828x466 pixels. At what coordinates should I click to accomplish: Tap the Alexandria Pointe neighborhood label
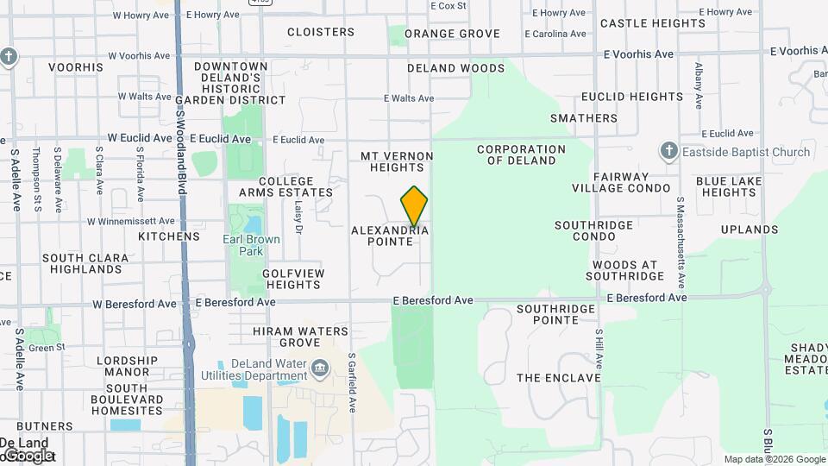pyautogui.click(x=389, y=236)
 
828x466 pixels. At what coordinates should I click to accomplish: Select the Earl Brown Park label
pyautogui.click(x=243, y=245)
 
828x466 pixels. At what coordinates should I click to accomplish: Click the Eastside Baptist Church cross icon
pyautogui.click(x=668, y=152)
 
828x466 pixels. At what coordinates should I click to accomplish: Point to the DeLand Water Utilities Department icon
pyautogui.click(x=320, y=369)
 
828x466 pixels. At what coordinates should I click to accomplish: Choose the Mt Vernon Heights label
pyautogui.click(x=397, y=161)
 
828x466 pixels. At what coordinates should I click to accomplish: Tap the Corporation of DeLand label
pyautogui.click(x=521, y=154)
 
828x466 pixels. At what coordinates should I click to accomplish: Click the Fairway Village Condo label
pyautogui.click(x=621, y=182)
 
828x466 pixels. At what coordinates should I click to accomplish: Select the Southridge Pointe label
pyautogui.click(x=556, y=314)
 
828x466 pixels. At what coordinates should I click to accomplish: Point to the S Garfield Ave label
pyautogui.click(x=352, y=382)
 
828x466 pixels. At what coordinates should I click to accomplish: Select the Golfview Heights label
pyautogui.click(x=292, y=279)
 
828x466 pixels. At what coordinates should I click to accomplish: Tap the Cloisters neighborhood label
pyautogui.click(x=320, y=32)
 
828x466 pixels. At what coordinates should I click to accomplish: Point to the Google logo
pyautogui.click(x=28, y=455)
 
